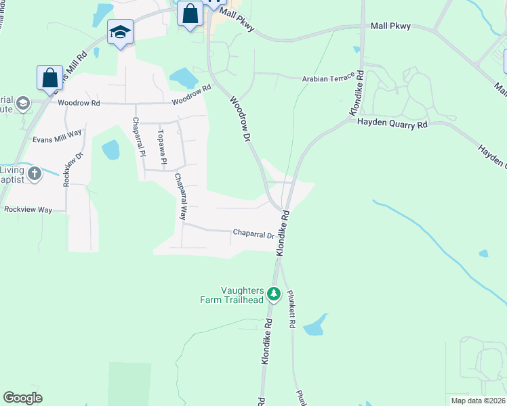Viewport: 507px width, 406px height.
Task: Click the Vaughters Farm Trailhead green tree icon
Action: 274,294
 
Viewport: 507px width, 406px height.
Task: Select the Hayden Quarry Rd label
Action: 392,124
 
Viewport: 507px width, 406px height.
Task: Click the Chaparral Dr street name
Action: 254,234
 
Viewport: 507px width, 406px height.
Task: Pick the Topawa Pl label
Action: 163,149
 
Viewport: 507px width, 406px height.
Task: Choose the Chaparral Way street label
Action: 181,197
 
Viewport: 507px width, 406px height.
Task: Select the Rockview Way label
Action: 28,210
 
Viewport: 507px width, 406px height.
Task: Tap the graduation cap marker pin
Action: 120,32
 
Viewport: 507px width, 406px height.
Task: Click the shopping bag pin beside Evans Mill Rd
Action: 50,78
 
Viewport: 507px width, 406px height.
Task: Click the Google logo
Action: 22,398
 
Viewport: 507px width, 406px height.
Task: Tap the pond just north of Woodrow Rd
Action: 182,78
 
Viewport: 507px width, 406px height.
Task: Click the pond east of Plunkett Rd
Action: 315,326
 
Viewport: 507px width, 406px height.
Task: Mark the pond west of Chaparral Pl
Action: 110,150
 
